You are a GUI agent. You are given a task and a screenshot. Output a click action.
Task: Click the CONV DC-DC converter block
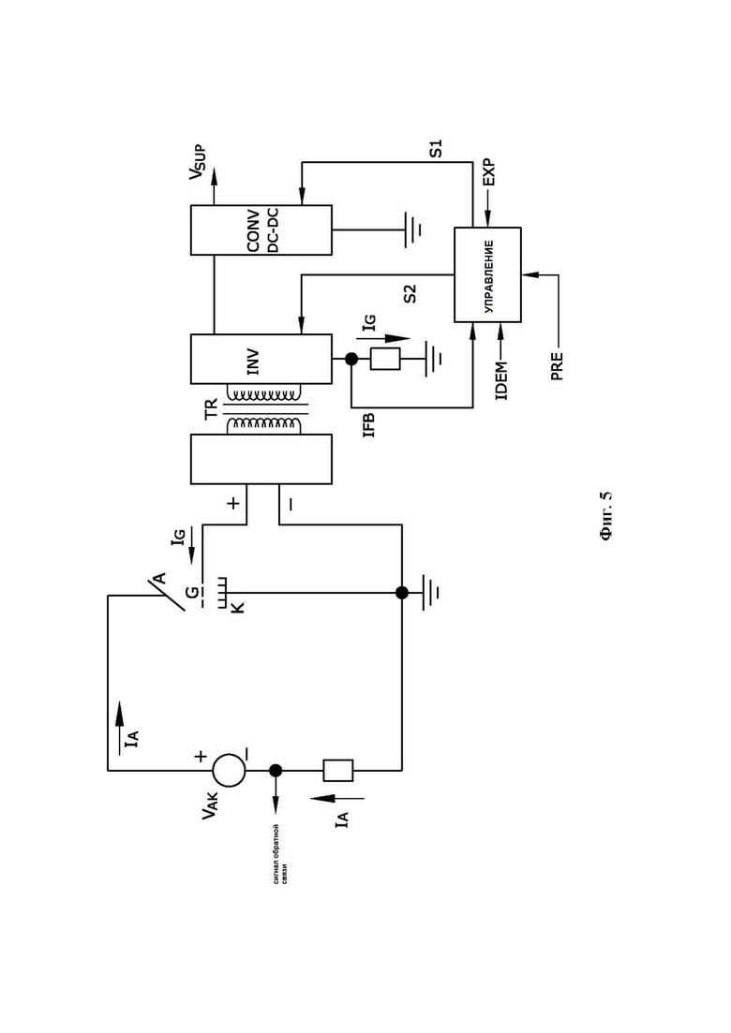(x=261, y=230)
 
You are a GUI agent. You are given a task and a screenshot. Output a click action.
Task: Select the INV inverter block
(x=261, y=359)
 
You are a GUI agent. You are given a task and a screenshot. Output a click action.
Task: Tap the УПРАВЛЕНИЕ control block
(x=487, y=274)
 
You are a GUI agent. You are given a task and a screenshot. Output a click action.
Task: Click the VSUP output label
(x=199, y=163)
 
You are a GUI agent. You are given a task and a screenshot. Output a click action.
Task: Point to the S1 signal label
(x=436, y=148)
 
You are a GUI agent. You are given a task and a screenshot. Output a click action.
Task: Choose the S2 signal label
(x=410, y=293)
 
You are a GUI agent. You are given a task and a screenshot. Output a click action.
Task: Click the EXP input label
(x=488, y=172)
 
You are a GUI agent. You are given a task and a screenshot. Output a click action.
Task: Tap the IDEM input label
(x=501, y=381)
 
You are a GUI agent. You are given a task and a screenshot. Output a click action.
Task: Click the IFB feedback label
(x=369, y=425)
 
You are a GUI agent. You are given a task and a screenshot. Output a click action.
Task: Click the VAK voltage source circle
(x=229, y=770)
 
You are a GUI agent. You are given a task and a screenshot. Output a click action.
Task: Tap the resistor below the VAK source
(x=337, y=770)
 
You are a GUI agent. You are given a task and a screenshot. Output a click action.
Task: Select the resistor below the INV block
(x=385, y=359)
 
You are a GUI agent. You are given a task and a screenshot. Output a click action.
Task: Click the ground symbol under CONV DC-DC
(x=413, y=230)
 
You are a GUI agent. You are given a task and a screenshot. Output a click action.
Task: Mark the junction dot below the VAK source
(x=276, y=770)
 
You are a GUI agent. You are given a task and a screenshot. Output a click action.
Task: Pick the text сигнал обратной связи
(x=281, y=854)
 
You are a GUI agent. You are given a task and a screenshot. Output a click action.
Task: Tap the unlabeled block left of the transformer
(x=261, y=459)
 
